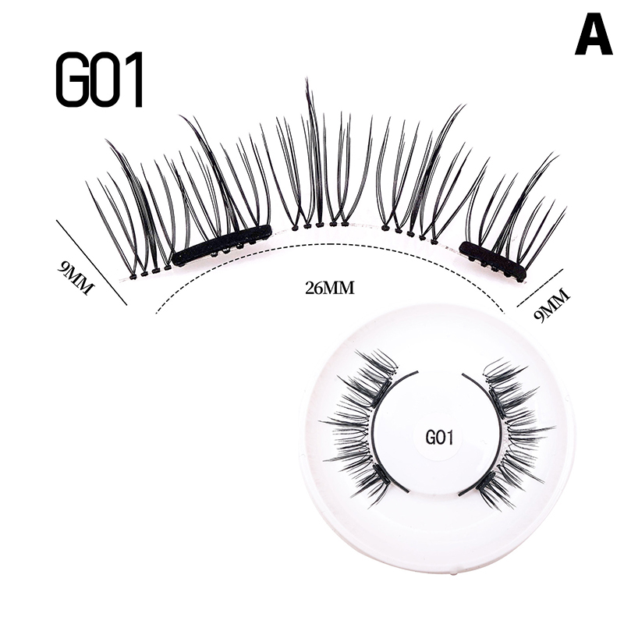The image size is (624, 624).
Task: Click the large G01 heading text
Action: [x=100, y=80]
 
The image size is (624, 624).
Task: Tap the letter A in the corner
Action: [x=594, y=36]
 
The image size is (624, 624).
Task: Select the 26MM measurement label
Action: [x=331, y=288]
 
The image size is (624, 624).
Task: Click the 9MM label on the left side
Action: [x=76, y=276]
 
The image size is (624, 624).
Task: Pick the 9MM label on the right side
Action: [x=551, y=304]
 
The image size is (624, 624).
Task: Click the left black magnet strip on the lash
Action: [x=222, y=245]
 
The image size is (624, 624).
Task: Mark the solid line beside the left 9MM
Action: [x=91, y=261]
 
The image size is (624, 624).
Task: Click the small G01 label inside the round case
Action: [x=439, y=438]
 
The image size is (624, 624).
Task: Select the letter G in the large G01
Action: [x=71, y=80]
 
